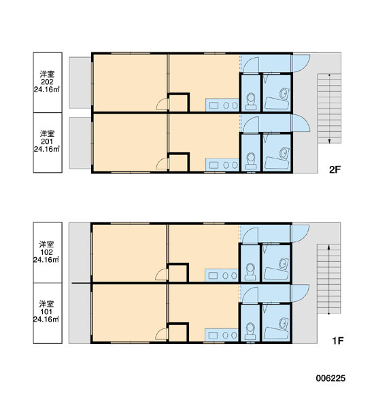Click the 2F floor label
(335, 169)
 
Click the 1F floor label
(337, 341)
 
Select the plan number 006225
(330, 378)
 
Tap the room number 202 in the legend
(47, 82)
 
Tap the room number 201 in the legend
(47, 141)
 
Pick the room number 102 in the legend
(47, 252)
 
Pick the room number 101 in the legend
(47, 311)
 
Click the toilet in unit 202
(251, 101)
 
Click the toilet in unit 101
(250, 331)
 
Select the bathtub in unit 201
(277, 163)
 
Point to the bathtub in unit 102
(276, 273)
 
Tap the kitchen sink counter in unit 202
(222, 105)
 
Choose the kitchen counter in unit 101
(222, 335)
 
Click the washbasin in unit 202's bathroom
(284, 94)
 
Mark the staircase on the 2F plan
(329, 108)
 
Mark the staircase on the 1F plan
(328, 279)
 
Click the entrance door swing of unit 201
(301, 123)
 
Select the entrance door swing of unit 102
(301, 233)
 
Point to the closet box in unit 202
(179, 103)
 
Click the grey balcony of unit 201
(80, 143)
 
